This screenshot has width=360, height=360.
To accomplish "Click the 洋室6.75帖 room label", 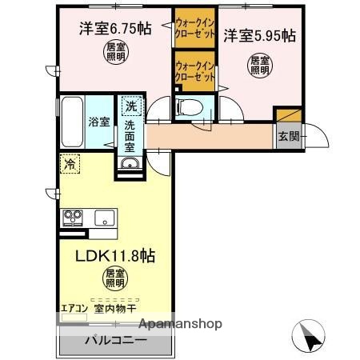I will [114, 29].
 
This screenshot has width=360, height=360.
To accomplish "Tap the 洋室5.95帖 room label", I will [258, 35].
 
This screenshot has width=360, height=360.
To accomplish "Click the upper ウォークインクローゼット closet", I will [195, 29].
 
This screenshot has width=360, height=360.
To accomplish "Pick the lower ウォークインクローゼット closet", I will [195, 71].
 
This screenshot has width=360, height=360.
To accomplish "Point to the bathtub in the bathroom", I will [68, 120].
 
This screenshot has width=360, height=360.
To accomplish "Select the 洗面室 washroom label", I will [130, 137].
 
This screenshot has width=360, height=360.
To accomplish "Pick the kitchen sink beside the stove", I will [105, 217].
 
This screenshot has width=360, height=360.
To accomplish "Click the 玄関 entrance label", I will [288, 136].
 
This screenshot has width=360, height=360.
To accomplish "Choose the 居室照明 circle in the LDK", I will [114, 279].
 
